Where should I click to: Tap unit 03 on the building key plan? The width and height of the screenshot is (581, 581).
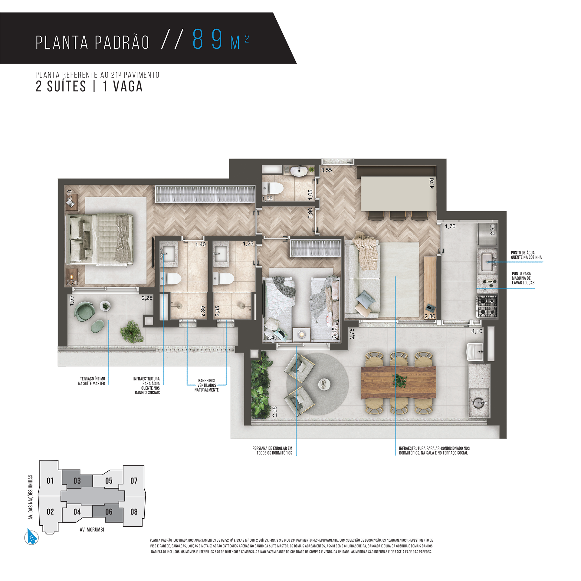tap(77, 481)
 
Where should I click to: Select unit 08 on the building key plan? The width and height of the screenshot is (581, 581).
tap(134, 512)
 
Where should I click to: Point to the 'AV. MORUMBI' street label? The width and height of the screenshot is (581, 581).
tap(92, 530)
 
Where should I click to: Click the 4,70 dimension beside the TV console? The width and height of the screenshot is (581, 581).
tap(432, 183)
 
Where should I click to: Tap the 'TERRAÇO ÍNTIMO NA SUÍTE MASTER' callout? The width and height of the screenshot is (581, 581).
tap(92, 381)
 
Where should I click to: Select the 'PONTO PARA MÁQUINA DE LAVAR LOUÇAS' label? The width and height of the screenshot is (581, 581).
tap(523, 278)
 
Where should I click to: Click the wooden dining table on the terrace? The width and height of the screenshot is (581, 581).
tap(399, 382)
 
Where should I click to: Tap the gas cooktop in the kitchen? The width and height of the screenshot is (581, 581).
tap(487, 306)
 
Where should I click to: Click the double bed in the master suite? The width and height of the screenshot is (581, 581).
tap(100, 239)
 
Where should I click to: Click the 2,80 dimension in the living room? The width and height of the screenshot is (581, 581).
tap(430, 316)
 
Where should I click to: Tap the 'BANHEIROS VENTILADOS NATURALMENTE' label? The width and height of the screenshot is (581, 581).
tap(207, 385)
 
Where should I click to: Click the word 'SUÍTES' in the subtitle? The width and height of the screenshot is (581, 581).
tap(67, 87)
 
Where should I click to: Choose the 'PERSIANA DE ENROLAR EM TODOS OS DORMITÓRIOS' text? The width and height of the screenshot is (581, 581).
tap(272, 451)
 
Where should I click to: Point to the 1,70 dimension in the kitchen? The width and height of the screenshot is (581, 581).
tap(450, 226)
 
